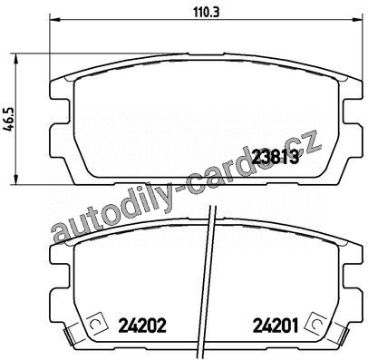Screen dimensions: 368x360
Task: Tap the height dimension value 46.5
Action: click(x=8, y=120)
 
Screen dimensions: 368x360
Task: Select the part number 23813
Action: click(x=276, y=157)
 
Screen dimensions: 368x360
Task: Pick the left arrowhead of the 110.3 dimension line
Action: click(x=55, y=20)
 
